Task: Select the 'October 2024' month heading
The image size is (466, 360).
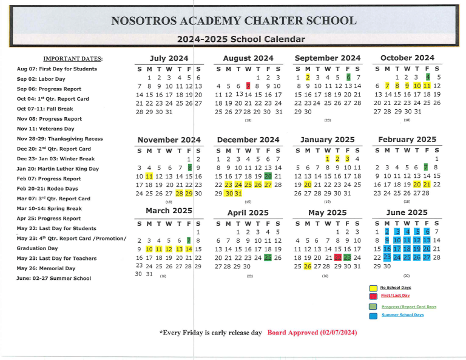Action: [x=407, y=58]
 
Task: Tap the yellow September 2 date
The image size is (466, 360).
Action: [x=308, y=77]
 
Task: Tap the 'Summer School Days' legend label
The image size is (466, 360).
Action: [x=402, y=314]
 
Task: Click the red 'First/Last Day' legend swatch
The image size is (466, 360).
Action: [x=373, y=296]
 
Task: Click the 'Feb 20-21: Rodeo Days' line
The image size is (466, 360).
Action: [x=47, y=189]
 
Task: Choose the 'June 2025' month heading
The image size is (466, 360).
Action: [x=407, y=212]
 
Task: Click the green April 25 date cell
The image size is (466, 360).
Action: [x=268, y=257]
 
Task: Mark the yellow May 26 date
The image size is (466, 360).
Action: [x=308, y=267]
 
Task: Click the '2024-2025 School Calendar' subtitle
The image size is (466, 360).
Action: [x=241, y=40]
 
